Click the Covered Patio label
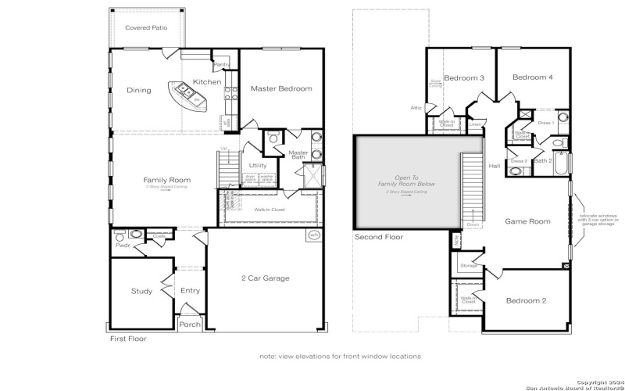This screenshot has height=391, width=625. [x=146, y=27]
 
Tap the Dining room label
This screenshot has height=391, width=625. [x=139, y=90]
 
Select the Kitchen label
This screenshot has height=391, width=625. [x=207, y=82]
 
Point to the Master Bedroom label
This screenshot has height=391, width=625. [x=280, y=88]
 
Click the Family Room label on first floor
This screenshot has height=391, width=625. [x=166, y=180]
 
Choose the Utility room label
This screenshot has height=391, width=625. [x=258, y=166]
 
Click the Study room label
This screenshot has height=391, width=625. [x=141, y=292]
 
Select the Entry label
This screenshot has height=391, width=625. [x=190, y=291]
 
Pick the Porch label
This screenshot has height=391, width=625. [x=190, y=325]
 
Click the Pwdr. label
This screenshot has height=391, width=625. [x=122, y=245]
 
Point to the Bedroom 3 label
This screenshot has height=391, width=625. [x=464, y=78]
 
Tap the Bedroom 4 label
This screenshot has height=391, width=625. [x=533, y=77]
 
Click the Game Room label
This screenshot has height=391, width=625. [x=527, y=221]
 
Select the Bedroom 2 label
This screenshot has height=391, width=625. [x=525, y=301]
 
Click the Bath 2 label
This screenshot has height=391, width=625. [x=543, y=161]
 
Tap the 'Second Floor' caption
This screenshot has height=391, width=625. [x=379, y=237]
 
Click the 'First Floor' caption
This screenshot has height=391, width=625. [x=127, y=339]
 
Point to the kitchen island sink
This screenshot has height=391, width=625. [x=187, y=91]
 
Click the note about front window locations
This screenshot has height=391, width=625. [x=340, y=356]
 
